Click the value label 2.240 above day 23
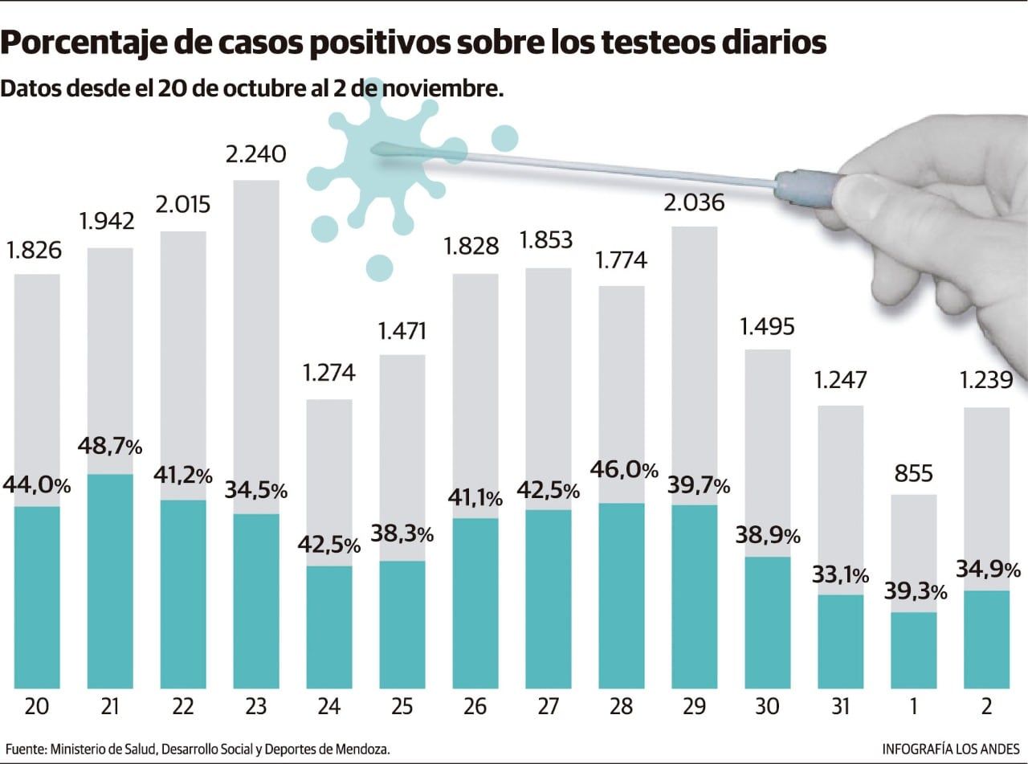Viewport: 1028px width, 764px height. point(256,153)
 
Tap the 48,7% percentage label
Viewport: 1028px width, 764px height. point(110,444)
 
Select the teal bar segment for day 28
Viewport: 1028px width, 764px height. point(622,595)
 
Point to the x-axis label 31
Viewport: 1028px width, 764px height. point(841,706)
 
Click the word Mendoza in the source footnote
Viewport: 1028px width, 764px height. point(361,748)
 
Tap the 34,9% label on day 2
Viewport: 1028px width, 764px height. point(988,570)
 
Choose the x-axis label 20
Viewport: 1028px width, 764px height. point(37,706)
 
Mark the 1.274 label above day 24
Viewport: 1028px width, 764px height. point(329,373)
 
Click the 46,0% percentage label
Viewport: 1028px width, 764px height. point(625,470)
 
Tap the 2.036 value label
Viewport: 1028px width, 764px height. point(695,202)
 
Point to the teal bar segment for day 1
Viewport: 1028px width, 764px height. point(914,650)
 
